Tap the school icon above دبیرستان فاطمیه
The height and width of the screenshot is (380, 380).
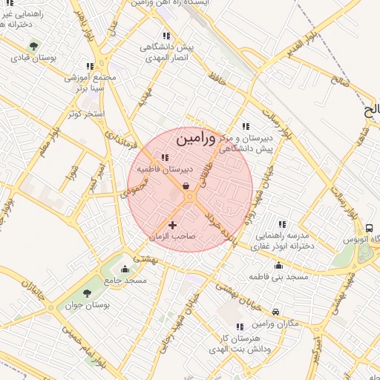point(165,157)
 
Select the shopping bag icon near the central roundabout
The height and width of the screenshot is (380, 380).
point(184,186)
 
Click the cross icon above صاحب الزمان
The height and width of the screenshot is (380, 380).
point(173,224)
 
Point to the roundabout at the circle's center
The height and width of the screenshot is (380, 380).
point(190,197)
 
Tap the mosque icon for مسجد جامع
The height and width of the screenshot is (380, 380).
point(124,269)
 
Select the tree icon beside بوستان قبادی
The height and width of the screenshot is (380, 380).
point(32,45)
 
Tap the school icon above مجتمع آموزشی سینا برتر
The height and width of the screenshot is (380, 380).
point(90,66)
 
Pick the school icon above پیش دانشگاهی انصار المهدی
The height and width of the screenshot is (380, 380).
point(166,36)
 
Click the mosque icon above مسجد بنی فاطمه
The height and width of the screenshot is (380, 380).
point(278,265)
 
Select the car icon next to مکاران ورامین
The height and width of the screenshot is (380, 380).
point(276,312)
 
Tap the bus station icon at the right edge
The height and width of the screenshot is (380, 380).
point(369,227)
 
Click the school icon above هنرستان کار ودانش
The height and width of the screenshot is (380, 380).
point(239,327)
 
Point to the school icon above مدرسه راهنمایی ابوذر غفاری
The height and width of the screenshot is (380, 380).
point(281,223)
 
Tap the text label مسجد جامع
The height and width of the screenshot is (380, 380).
point(125,281)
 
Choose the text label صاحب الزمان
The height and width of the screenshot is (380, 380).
point(172,236)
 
